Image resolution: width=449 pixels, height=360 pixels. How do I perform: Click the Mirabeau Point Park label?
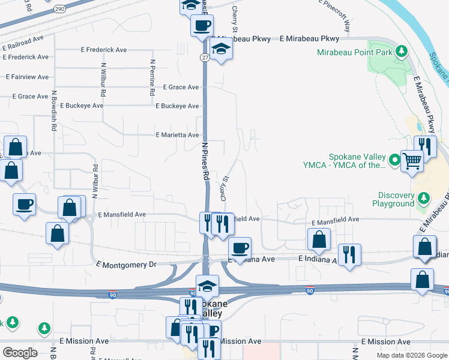pos(355,52)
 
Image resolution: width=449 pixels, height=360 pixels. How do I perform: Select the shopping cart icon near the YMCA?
pos(412,160)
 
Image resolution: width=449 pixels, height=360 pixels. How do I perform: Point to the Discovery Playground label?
pos(396,199)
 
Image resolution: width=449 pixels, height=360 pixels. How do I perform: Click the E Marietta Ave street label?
pos(177,135)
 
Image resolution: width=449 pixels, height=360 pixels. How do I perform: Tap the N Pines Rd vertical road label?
pos(205,162)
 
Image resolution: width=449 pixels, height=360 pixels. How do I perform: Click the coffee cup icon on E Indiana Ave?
pos(240,247)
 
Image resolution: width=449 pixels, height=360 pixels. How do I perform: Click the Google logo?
pos(20,353)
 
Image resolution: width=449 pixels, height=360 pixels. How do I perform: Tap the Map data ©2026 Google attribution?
pos(411,355)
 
